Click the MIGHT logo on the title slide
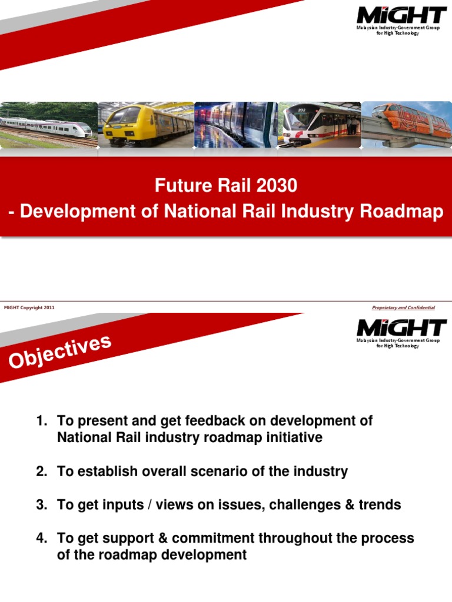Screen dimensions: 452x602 [x=401, y=21]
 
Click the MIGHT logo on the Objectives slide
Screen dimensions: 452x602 [x=401, y=334]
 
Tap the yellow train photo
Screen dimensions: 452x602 [x=146, y=125]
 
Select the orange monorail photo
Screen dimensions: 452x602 [x=407, y=125]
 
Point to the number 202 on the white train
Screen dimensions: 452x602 [x=302, y=111]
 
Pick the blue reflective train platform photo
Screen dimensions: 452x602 [x=235, y=125]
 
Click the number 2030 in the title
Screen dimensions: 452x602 [x=277, y=185]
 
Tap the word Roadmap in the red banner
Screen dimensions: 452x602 [x=401, y=212]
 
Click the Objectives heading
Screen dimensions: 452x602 [x=60, y=352]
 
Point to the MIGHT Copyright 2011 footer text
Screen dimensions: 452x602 [x=29, y=307]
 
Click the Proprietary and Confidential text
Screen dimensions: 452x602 [x=403, y=307]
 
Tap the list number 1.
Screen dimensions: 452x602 [x=42, y=421]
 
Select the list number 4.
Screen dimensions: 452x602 [x=42, y=539]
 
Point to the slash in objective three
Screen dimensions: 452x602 [x=149, y=505]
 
